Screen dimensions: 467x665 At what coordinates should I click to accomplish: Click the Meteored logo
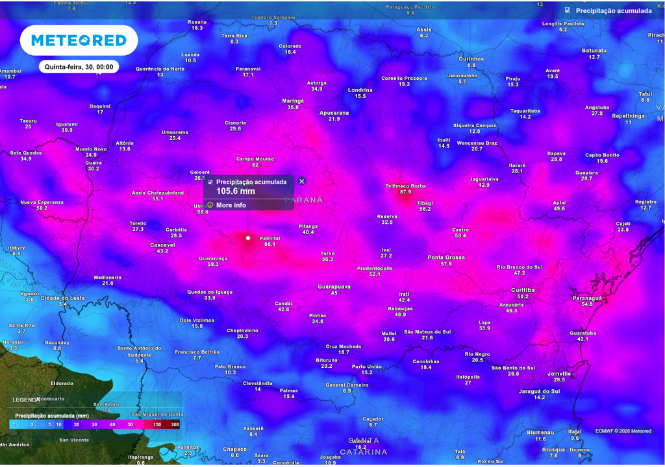(x=79, y=40)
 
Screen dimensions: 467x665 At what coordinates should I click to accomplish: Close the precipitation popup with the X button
(x=301, y=182)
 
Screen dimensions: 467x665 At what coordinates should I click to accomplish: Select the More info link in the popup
(x=231, y=205)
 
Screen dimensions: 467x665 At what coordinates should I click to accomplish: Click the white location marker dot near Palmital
(x=247, y=238)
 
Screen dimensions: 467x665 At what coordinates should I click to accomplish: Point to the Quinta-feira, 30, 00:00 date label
(x=79, y=67)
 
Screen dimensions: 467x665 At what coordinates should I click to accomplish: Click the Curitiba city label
(x=523, y=290)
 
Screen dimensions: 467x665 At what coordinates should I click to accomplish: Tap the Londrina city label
(x=360, y=90)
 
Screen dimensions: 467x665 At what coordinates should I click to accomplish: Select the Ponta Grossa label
(x=445, y=257)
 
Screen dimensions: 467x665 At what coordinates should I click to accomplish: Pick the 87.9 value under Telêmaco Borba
(x=406, y=192)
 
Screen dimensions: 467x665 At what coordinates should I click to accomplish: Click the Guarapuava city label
(x=334, y=287)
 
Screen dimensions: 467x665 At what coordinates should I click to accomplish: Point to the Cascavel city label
(x=162, y=245)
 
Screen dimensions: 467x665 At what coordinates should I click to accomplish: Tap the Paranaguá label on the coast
(x=587, y=298)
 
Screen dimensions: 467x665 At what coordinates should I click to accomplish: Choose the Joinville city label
(x=558, y=374)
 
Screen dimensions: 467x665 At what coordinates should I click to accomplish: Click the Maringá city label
(x=293, y=101)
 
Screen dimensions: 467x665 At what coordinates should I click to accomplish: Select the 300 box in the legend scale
(x=175, y=424)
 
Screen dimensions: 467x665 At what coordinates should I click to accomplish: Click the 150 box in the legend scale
(x=157, y=424)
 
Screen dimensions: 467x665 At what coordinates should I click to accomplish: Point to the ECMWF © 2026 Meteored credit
(x=623, y=431)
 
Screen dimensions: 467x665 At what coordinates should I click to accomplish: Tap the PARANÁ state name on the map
(x=303, y=200)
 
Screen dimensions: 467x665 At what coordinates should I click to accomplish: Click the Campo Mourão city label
(x=255, y=159)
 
